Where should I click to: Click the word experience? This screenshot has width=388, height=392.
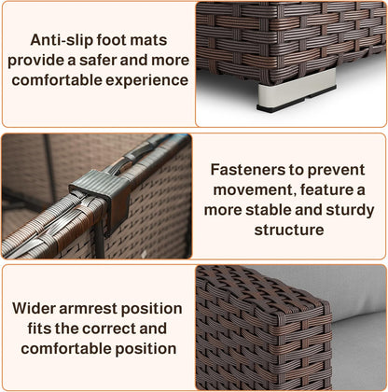coord(147,80)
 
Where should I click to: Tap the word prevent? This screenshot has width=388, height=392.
coord(336,171)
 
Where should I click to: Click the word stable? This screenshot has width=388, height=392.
coord(269,210)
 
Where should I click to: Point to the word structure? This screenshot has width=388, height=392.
coord(289,231)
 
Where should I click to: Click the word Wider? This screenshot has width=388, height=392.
coord(34,309)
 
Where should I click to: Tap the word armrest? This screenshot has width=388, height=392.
coord(88,309)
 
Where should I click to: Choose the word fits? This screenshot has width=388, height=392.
coord(39,329)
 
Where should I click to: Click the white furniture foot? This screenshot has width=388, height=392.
coord(297,87)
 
